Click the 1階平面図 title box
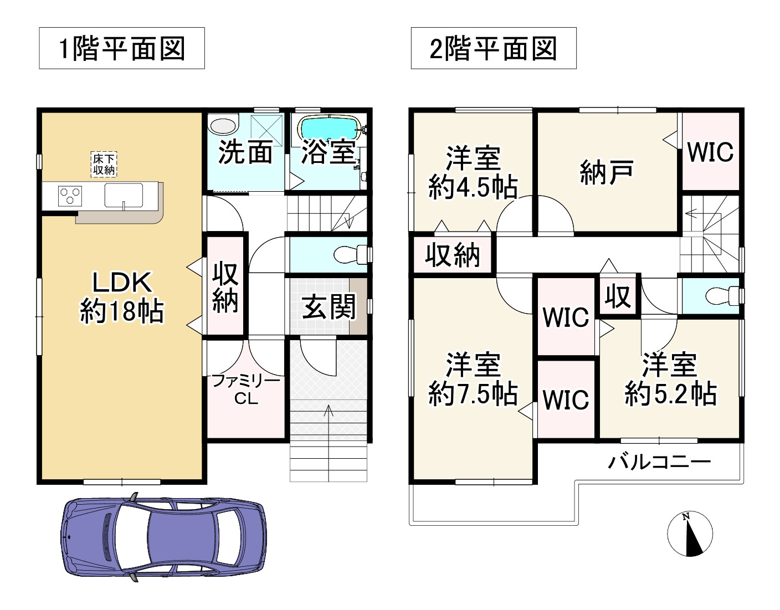click(122, 49)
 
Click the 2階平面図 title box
click(493, 49)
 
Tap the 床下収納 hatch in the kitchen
click(104, 165)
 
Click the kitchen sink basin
click(124, 195)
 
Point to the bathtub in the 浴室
click(330, 128)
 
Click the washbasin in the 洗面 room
click(223, 124)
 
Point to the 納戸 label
click(607, 172)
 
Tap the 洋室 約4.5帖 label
click(473, 172)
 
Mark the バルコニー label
click(659, 462)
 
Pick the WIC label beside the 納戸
click(710, 151)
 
